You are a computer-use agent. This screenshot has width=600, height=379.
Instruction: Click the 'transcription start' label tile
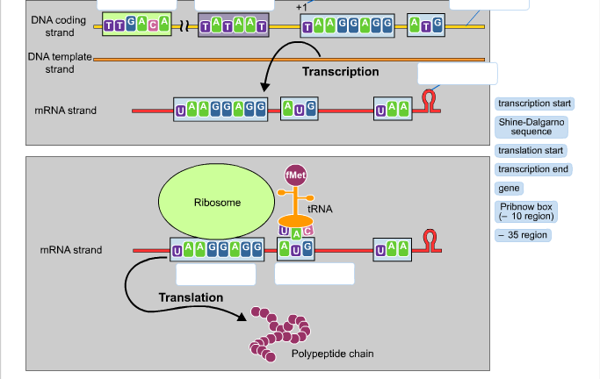(x=534, y=104)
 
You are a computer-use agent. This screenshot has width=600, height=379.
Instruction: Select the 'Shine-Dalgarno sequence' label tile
(x=531, y=126)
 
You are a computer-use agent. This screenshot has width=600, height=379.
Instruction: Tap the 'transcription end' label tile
(x=533, y=169)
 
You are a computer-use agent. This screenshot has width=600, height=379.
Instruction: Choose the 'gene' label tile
(x=510, y=188)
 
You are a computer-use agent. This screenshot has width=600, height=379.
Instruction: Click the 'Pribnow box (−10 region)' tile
(x=526, y=211)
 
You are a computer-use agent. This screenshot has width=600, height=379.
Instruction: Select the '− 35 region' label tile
(x=524, y=235)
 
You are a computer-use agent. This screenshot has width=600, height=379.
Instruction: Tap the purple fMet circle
(x=296, y=175)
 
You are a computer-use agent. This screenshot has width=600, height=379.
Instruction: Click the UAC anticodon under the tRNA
(x=296, y=231)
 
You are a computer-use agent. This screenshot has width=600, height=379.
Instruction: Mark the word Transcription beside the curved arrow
(x=340, y=71)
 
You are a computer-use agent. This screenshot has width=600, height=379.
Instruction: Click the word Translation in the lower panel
(x=191, y=297)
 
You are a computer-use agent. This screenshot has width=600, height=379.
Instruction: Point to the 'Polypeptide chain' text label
(x=332, y=354)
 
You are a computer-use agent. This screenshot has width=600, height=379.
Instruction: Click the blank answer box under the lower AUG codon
(x=314, y=274)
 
